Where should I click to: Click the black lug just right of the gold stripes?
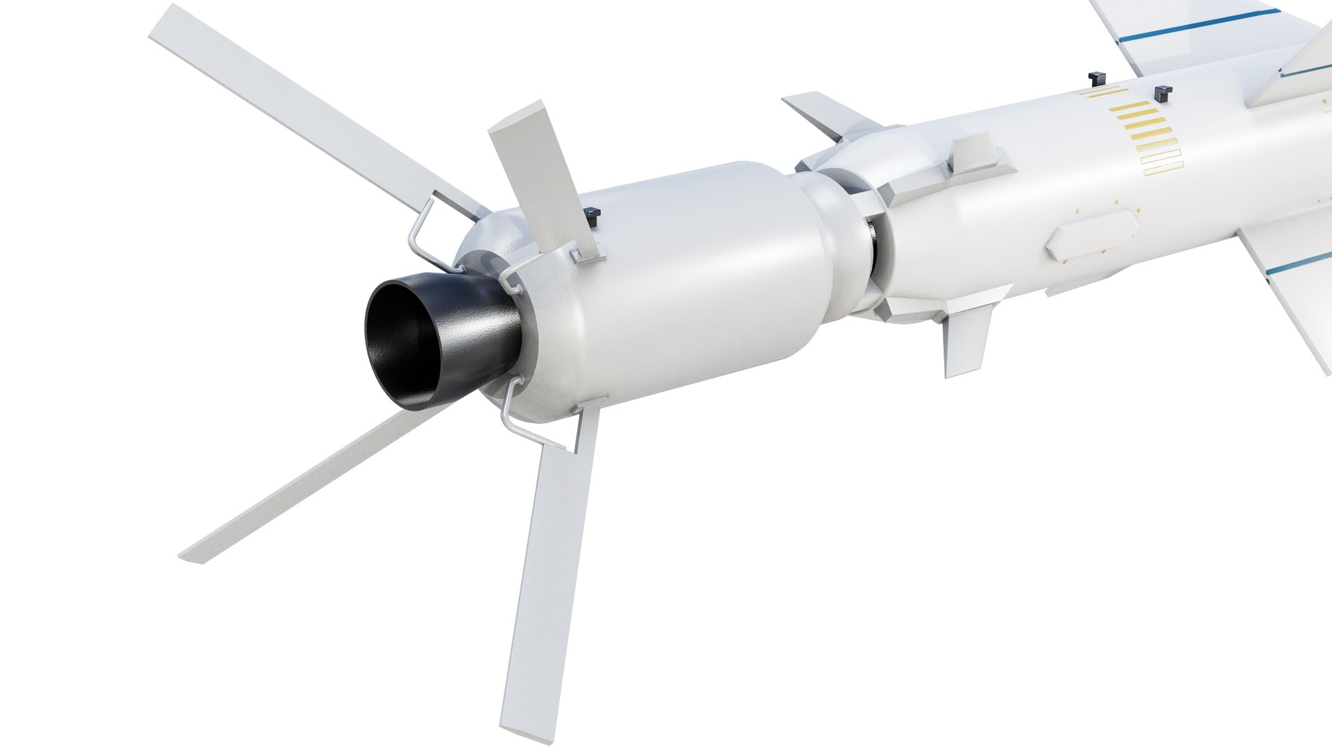(x=1162, y=92)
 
